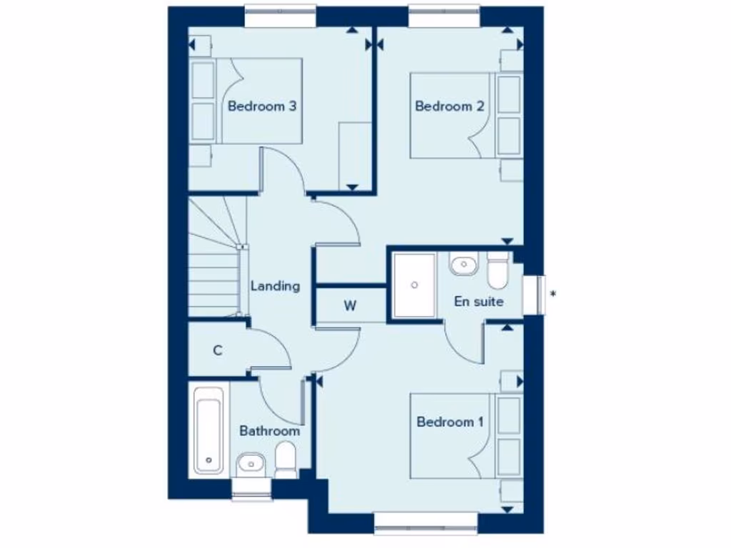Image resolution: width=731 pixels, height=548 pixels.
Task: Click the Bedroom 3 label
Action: click(262, 106)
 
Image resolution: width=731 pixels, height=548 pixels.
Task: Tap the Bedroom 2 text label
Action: click(450, 106)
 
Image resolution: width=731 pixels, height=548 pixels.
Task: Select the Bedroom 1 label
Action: click(450, 422)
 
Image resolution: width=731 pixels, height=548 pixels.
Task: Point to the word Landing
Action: click(275, 286)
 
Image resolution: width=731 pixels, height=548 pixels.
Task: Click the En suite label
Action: click(478, 301)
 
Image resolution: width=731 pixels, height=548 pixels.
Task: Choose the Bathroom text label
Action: click(269, 431)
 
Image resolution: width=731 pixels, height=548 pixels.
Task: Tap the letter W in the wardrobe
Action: click(350, 306)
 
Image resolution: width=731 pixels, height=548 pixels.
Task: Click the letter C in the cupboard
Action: click(218, 350)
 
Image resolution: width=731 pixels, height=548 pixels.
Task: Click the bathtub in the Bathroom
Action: click(209, 431)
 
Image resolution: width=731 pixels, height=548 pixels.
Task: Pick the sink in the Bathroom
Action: click(250, 465)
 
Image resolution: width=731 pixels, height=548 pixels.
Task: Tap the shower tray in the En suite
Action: click(413, 285)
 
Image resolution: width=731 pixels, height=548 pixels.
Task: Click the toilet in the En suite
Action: click(497, 268)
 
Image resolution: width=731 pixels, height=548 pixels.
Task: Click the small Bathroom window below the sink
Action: click(252, 489)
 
